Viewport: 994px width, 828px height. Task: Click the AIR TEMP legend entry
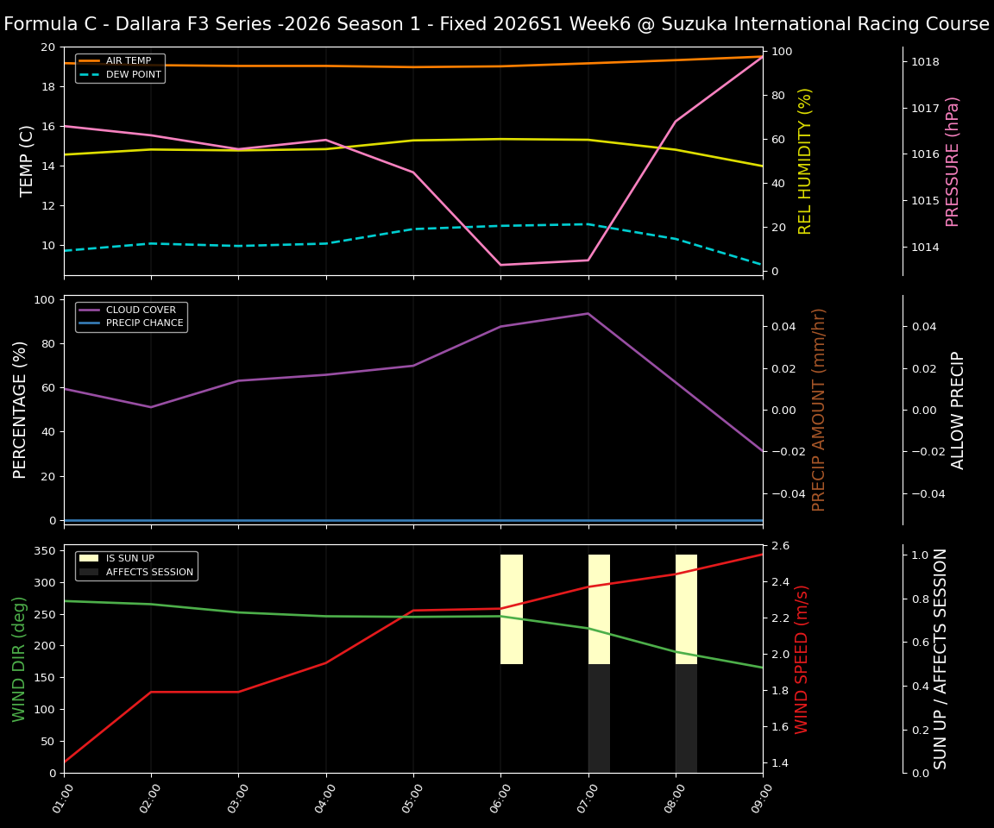click(x=128, y=61)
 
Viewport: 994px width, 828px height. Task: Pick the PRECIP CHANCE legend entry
click(x=144, y=323)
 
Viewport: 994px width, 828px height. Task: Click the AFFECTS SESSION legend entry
click(x=149, y=572)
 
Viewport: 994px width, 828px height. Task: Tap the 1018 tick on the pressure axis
click(x=924, y=62)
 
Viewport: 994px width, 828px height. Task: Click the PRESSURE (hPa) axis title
click(x=953, y=161)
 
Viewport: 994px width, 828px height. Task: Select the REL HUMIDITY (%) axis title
click(x=806, y=161)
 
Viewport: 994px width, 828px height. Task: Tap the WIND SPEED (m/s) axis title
click(x=802, y=659)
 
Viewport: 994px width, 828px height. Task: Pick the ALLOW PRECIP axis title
click(x=958, y=410)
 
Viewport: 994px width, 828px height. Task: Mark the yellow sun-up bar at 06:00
click(x=512, y=609)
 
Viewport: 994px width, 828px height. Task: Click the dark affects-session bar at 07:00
click(x=599, y=718)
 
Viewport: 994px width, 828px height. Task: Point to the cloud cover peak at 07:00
click(x=588, y=313)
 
